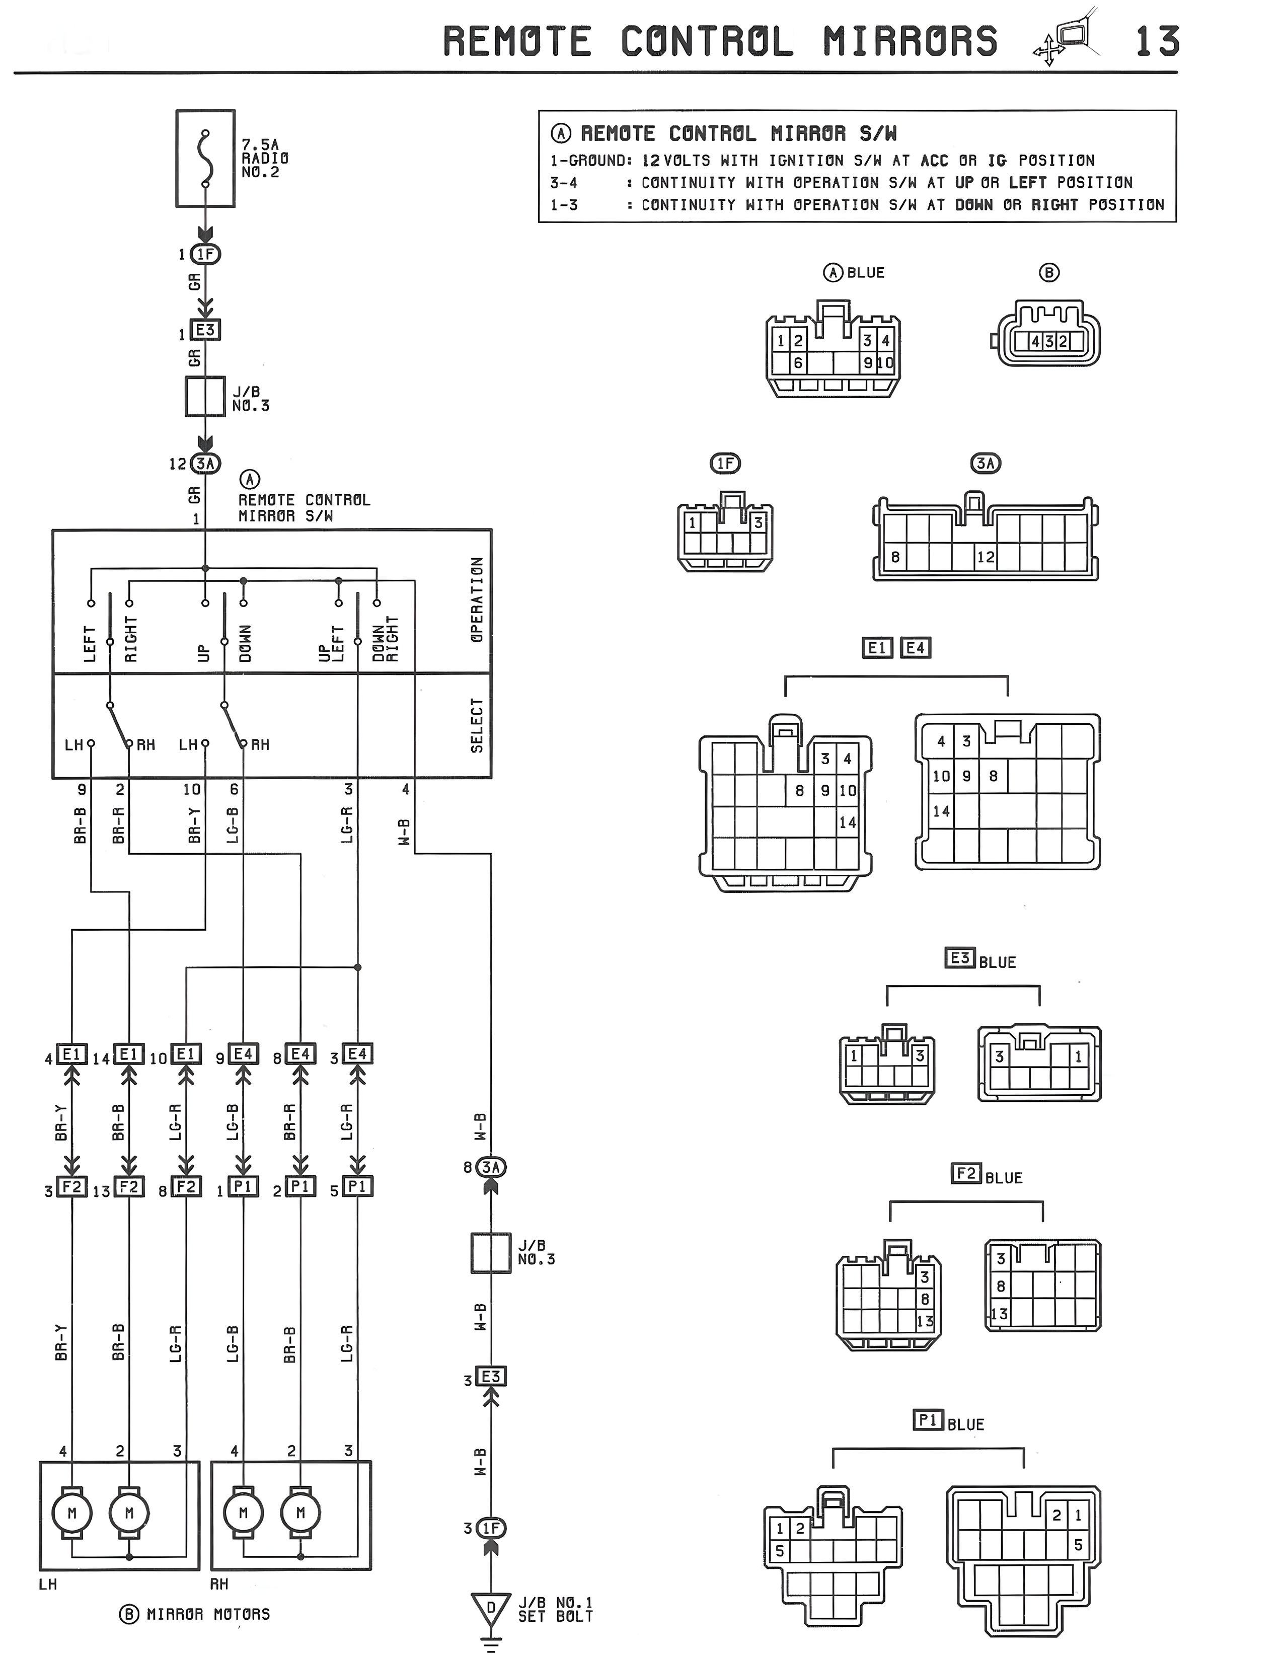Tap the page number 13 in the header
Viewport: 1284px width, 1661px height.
[1157, 42]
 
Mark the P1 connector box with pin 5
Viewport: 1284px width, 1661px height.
[357, 1187]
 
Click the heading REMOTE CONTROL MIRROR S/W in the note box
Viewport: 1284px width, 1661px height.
[738, 134]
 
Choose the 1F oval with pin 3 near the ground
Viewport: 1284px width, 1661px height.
[491, 1528]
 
